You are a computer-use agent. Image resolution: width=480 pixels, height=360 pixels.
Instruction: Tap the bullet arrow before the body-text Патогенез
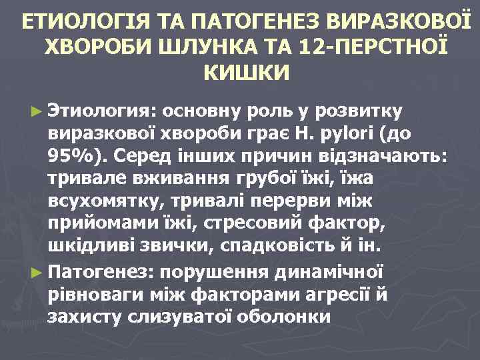click(35, 272)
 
